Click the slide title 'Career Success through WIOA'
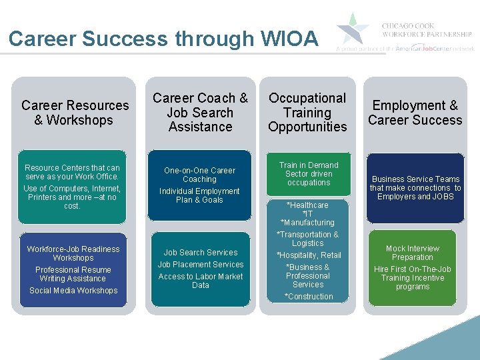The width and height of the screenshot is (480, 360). click(163, 39)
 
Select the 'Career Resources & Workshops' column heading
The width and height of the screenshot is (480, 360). click(75, 113)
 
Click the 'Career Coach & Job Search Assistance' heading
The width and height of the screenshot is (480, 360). click(200, 112)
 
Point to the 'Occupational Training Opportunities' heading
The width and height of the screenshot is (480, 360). click(307, 112)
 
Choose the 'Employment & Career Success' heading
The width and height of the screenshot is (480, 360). click(415, 113)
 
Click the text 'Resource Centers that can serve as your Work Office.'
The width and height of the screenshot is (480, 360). click(72, 172)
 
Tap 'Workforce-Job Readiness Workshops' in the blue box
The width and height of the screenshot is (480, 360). click(73, 253)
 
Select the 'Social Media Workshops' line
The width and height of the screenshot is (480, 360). click(73, 291)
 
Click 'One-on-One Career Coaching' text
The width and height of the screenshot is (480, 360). click(200, 175)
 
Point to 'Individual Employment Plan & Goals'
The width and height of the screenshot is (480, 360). click(199, 195)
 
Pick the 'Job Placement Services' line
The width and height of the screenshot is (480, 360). click(201, 265)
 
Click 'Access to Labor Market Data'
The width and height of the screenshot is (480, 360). click(201, 281)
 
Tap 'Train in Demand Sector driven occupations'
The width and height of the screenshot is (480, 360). click(308, 174)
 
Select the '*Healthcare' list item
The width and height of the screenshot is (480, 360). click(307, 205)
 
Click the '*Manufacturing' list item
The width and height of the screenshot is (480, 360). click(307, 223)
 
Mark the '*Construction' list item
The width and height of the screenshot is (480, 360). click(308, 297)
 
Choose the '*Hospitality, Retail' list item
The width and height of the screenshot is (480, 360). click(309, 255)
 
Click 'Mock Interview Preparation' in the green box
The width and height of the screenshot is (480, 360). click(412, 253)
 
